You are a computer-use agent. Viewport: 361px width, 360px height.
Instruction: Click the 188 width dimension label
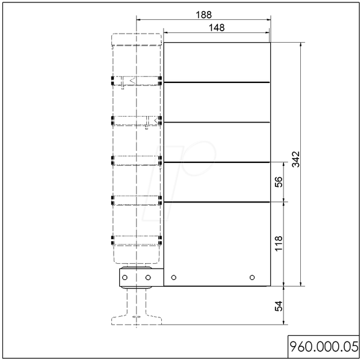[x=203, y=14]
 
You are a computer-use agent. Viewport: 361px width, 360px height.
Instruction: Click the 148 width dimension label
[x=217, y=28]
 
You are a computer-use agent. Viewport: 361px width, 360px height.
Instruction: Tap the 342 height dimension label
[x=296, y=159]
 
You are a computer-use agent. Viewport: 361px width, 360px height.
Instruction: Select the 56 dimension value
[x=279, y=182]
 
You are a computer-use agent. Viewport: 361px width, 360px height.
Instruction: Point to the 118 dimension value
[x=279, y=243]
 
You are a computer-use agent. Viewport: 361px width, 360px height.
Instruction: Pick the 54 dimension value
[x=279, y=306]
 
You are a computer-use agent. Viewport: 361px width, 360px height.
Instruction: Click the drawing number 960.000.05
[x=324, y=347]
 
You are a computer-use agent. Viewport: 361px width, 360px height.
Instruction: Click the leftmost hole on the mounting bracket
[x=125, y=278]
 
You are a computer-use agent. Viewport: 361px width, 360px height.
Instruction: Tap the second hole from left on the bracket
[x=148, y=278]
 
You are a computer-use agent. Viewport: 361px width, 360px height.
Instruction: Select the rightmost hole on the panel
[x=252, y=278]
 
